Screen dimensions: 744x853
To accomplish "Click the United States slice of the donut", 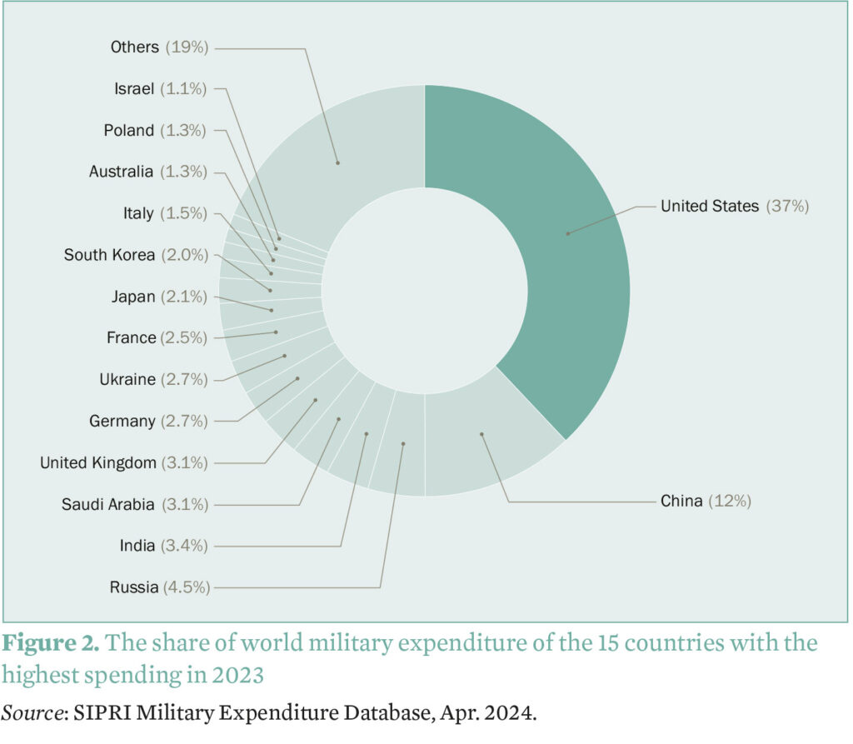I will tap(566, 233).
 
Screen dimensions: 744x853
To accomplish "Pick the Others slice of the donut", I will tap(337, 162).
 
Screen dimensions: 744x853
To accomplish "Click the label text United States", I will tap(710, 206).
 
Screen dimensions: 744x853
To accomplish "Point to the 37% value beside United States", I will tap(788, 206).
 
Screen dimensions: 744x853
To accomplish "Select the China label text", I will tap(682, 501).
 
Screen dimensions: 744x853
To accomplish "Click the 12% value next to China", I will tap(731, 501).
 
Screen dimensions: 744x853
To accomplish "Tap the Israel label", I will tap(134, 88).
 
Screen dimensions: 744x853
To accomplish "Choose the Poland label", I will tap(129, 130).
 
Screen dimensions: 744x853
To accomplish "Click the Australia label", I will tap(122, 172).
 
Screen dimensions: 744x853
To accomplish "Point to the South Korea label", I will tap(109, 255).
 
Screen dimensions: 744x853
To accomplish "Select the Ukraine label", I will tap(127, 379).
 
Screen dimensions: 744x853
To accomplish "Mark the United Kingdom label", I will tap(97, 462).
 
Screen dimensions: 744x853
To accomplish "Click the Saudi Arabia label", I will tap(108, 504).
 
